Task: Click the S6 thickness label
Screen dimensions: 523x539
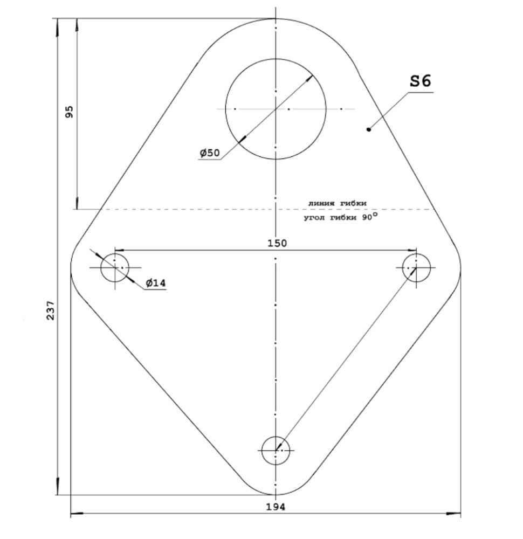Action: coord(421,81)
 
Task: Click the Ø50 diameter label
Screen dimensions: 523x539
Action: coord(210,153)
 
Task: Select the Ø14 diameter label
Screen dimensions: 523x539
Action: coord(156,283)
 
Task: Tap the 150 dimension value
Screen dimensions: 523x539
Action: coord(277,243)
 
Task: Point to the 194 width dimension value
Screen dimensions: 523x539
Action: coord(276,507)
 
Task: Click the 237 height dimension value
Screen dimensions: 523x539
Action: coord(51,310)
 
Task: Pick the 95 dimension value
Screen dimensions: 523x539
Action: coord(69,112)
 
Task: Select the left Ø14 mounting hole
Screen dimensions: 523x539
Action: coord(101,267)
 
